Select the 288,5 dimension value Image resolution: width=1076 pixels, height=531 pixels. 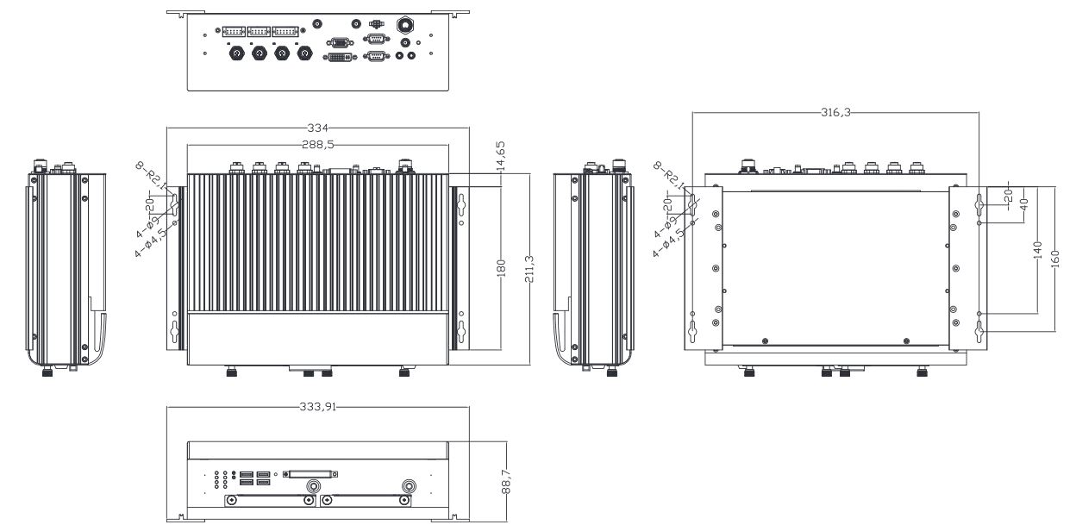coord(318,145)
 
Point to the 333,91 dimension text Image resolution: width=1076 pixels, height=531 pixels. coord(318,408)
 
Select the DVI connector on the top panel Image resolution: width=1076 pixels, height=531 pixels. coord(338,57)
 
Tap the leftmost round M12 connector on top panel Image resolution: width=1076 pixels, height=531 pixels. coord(235,54)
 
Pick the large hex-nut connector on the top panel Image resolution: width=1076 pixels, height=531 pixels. coord(403,25)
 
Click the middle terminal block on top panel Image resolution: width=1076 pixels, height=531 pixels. coord(259,31)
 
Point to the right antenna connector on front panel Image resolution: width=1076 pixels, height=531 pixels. coord(408,486)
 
